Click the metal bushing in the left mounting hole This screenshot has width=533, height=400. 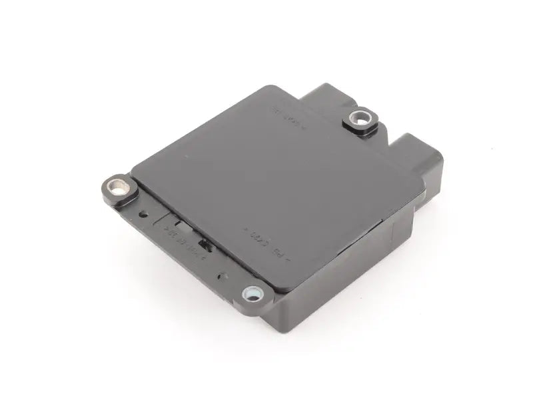[x=119, y=189]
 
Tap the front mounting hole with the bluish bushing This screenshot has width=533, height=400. [x=253, y=292]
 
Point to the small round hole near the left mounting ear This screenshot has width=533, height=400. [x=144, y=214]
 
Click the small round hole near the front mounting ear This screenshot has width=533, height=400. [x=223, y=275]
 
